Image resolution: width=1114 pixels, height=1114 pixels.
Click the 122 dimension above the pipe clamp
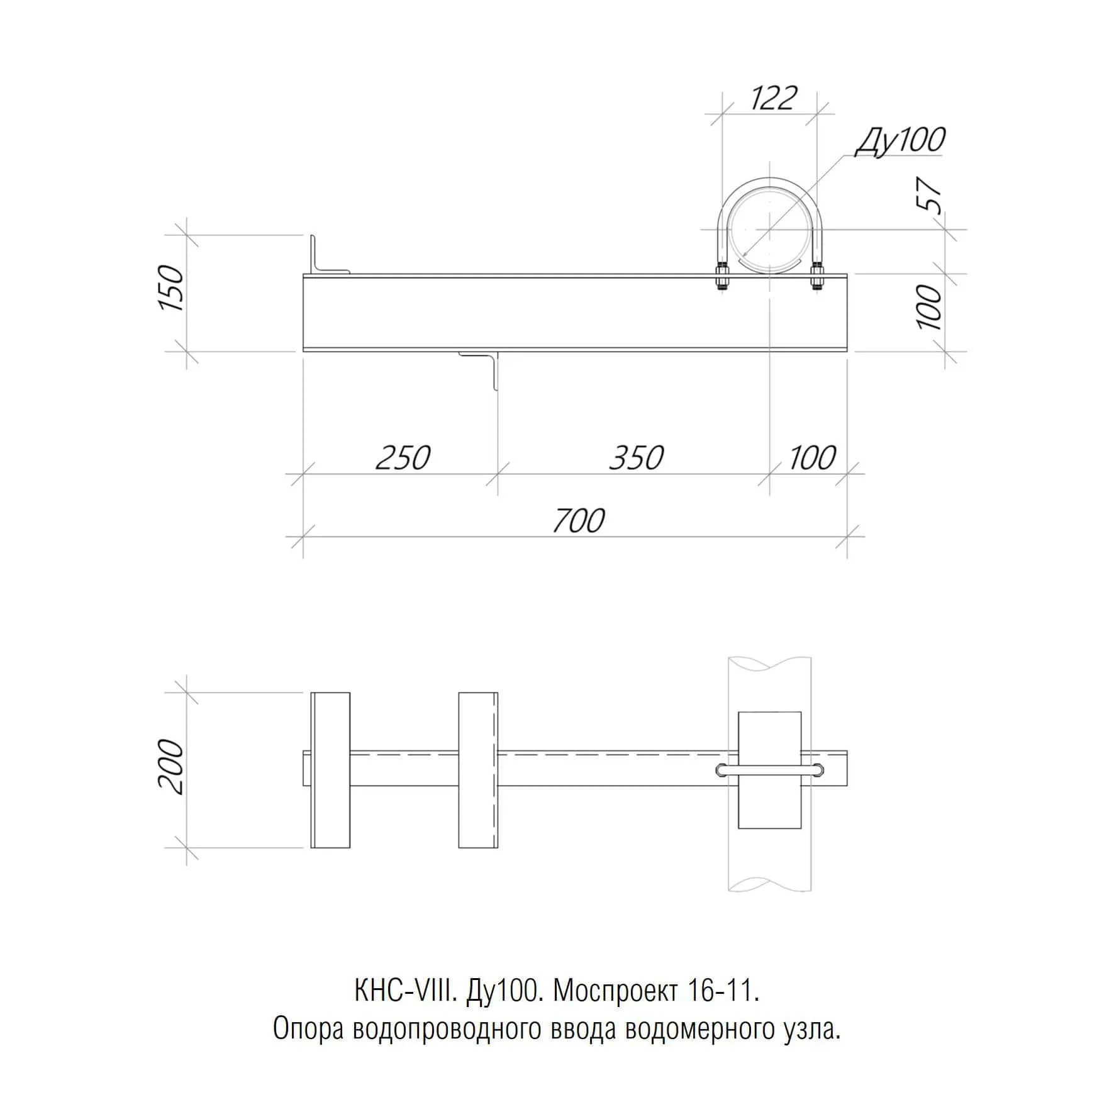pos(773,97)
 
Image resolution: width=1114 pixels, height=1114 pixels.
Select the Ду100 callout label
pos(900,140)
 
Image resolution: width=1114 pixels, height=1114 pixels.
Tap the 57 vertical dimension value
pos(930,196)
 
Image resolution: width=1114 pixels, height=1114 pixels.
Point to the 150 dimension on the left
pos(170,288)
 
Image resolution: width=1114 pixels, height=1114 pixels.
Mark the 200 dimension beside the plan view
pos(170,767)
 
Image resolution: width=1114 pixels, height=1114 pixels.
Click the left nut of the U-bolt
pos(721,277)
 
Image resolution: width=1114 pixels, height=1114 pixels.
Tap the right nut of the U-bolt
pos(817,277)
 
